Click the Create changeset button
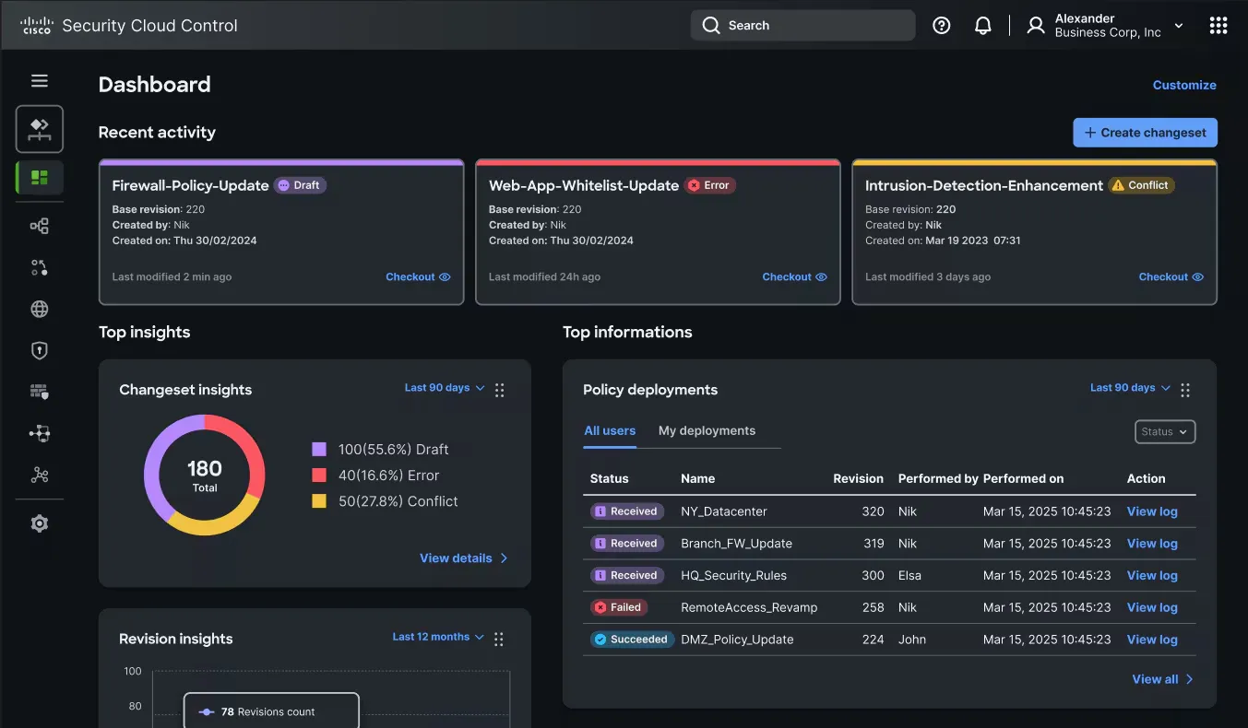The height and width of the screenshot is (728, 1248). tap(1145, 133)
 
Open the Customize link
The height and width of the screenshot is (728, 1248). tap(1184, 85)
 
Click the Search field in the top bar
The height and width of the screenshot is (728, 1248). tap(802, 26)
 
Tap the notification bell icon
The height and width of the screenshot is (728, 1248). tap(983, 26)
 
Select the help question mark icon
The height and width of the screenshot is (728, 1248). tap(941, 26)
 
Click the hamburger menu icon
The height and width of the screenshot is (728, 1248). tap(40, 81)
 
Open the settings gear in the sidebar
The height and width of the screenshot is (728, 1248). tap(40, 523)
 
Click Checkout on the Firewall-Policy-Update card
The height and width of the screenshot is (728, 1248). tap(417, 276)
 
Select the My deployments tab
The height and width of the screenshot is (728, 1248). tap(707, 430)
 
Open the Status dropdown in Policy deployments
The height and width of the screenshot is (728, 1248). tap(1164, 431)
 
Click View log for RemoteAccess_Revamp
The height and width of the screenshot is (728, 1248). tap(1152, 607)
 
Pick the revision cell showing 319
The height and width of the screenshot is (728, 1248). tap(874, 544)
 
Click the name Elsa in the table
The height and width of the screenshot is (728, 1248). tap(910, 575)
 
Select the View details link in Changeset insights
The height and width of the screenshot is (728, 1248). tap(463, 558)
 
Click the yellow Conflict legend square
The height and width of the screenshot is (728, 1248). tap(319, 501)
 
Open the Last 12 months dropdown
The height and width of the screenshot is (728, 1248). tap(437, 637)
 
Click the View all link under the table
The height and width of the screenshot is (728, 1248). tap(1161, 679)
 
